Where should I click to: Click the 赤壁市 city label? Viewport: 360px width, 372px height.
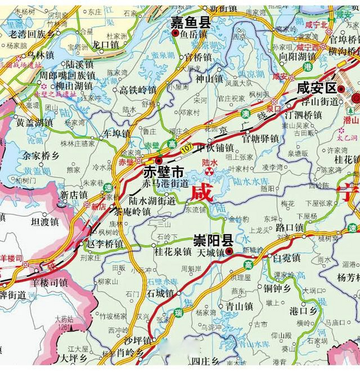click(163, 173)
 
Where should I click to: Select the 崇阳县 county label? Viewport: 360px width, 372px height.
click(213, 241)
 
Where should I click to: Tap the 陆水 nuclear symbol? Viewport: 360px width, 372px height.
click(209, 171)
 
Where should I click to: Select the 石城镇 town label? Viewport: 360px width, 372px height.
click(160, 293)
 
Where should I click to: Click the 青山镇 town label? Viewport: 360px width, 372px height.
click(240, 306)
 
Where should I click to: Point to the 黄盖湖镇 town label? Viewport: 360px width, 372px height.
click(35, 123)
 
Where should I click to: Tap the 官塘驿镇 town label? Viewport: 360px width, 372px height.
click(261, 139)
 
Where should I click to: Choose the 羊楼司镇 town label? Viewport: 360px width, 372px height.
click(49, 282)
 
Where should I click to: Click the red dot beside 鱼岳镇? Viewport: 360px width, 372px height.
click(175, 33)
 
